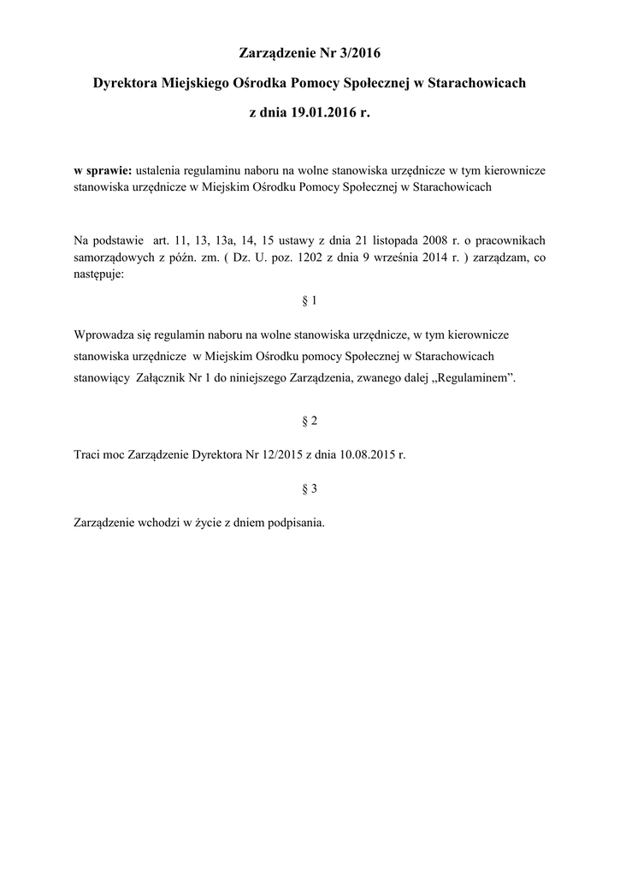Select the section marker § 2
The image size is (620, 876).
tap(310, 422)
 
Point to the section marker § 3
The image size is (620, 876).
tap(310, 488)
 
